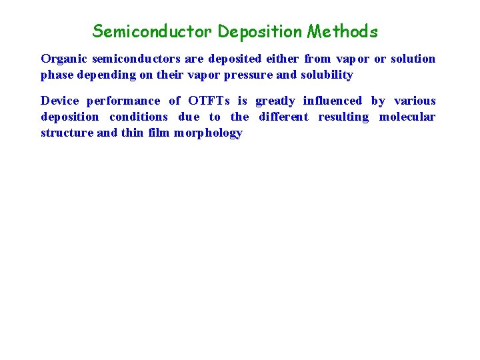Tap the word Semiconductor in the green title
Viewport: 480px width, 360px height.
[153, 31]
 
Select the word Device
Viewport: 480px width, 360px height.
[59, 101]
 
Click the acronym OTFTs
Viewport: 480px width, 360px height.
[209, 101]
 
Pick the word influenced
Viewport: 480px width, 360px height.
[333, 101]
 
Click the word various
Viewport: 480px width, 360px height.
[415, 101]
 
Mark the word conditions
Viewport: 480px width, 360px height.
[139, 117]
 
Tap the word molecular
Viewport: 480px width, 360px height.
[407, 117]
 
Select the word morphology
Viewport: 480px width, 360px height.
[208, 133]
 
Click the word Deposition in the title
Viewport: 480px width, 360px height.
[260, 31]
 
